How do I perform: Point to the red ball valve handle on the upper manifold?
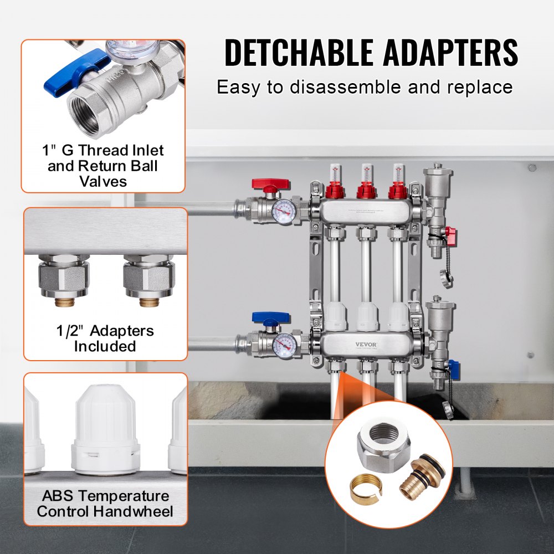pos(271,184)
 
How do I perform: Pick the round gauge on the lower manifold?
pos(284,346)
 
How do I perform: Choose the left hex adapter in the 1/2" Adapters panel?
pos(63,277)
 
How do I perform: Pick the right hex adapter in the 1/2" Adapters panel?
pos(148,277)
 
